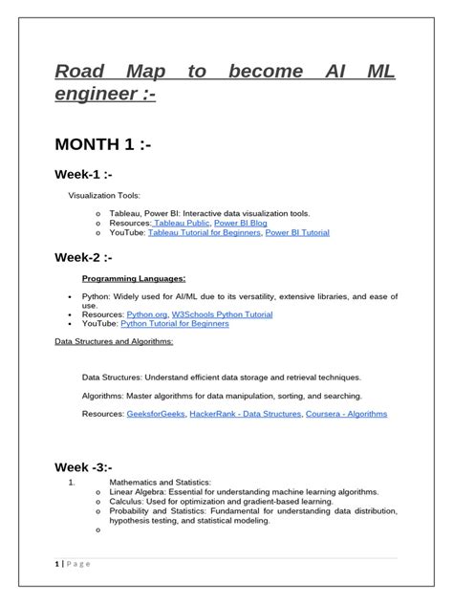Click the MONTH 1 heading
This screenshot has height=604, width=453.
[101, 145]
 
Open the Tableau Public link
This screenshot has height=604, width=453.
[182, 223]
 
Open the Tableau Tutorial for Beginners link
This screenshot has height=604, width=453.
[205, 232]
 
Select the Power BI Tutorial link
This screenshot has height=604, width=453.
[297, 232]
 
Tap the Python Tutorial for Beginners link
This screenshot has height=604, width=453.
[175, 324]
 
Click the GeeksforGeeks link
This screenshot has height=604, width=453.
[157, 414]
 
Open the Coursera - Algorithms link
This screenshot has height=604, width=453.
[347, 414]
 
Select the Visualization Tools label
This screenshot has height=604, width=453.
[100, 195]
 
